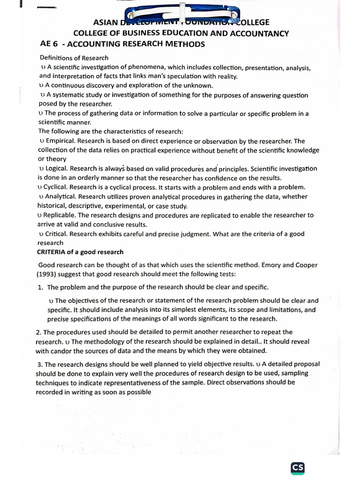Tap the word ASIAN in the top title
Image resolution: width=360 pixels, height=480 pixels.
click(106, 22)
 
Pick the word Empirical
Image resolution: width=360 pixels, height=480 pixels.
click(60, 141)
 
